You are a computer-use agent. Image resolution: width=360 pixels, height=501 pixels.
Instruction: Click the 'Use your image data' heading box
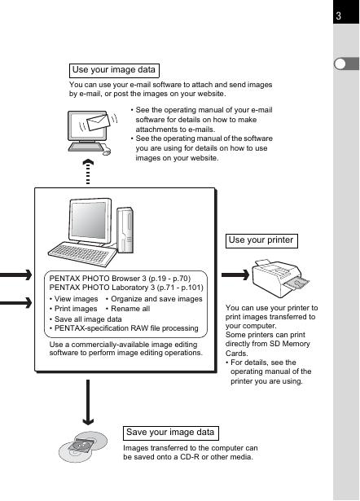pos(114,70)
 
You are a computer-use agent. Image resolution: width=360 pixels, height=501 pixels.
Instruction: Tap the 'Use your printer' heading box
pos(261,240)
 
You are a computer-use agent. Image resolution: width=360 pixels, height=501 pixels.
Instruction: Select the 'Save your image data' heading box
pos(171,433)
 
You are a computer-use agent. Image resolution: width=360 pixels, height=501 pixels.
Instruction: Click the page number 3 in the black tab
pos(339,15)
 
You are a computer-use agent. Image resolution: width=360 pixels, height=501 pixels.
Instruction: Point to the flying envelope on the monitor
pos(99,122)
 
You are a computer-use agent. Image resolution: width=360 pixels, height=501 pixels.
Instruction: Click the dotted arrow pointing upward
pos(88,172)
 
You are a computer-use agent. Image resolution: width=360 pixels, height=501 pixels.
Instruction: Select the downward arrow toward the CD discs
pos(88,402)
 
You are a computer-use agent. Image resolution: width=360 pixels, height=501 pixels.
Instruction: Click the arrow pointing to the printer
pos(235,275)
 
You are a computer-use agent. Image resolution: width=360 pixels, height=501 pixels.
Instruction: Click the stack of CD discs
pos(83,446)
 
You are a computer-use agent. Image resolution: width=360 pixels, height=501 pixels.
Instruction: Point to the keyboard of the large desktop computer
pos(82,253)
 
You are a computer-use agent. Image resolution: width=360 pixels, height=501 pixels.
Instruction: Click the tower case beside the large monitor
pos(125,230)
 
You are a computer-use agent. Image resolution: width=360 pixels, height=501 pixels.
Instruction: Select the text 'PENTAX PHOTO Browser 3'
pos(98,279)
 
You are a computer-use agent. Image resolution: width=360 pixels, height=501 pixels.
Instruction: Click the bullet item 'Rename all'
pos(128,309)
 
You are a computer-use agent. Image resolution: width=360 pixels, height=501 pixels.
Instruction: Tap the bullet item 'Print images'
pos(73,309)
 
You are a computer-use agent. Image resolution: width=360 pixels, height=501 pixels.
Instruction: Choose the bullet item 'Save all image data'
pos(86,319)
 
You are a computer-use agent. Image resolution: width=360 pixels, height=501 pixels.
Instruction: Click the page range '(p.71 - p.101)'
pos(180,288)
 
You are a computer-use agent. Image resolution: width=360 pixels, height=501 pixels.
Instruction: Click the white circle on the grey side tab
pos(340,64)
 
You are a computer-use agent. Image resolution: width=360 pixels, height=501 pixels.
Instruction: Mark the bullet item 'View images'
pos(74,299)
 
